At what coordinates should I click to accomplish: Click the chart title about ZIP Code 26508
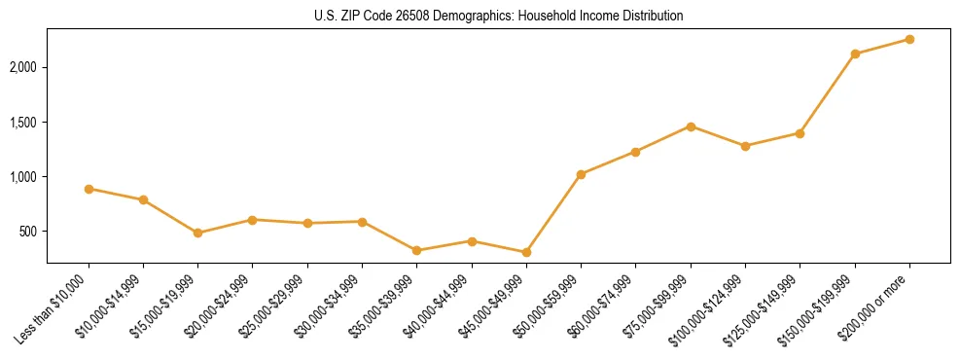click(499, 17)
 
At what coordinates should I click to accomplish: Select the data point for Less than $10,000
click(89, 189)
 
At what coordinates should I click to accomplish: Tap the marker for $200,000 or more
click(909, 39)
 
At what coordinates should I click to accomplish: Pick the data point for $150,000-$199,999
click(855, 54)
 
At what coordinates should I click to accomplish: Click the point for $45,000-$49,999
click(526, 252)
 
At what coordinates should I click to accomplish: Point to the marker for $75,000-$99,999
click(691, 126)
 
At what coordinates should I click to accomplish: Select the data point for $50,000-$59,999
click(581, 174)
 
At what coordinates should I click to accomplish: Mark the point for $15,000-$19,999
click(197, 233)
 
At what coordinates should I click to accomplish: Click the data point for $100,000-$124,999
click(745, 146)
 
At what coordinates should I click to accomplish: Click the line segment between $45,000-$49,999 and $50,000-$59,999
click(553, 213)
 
